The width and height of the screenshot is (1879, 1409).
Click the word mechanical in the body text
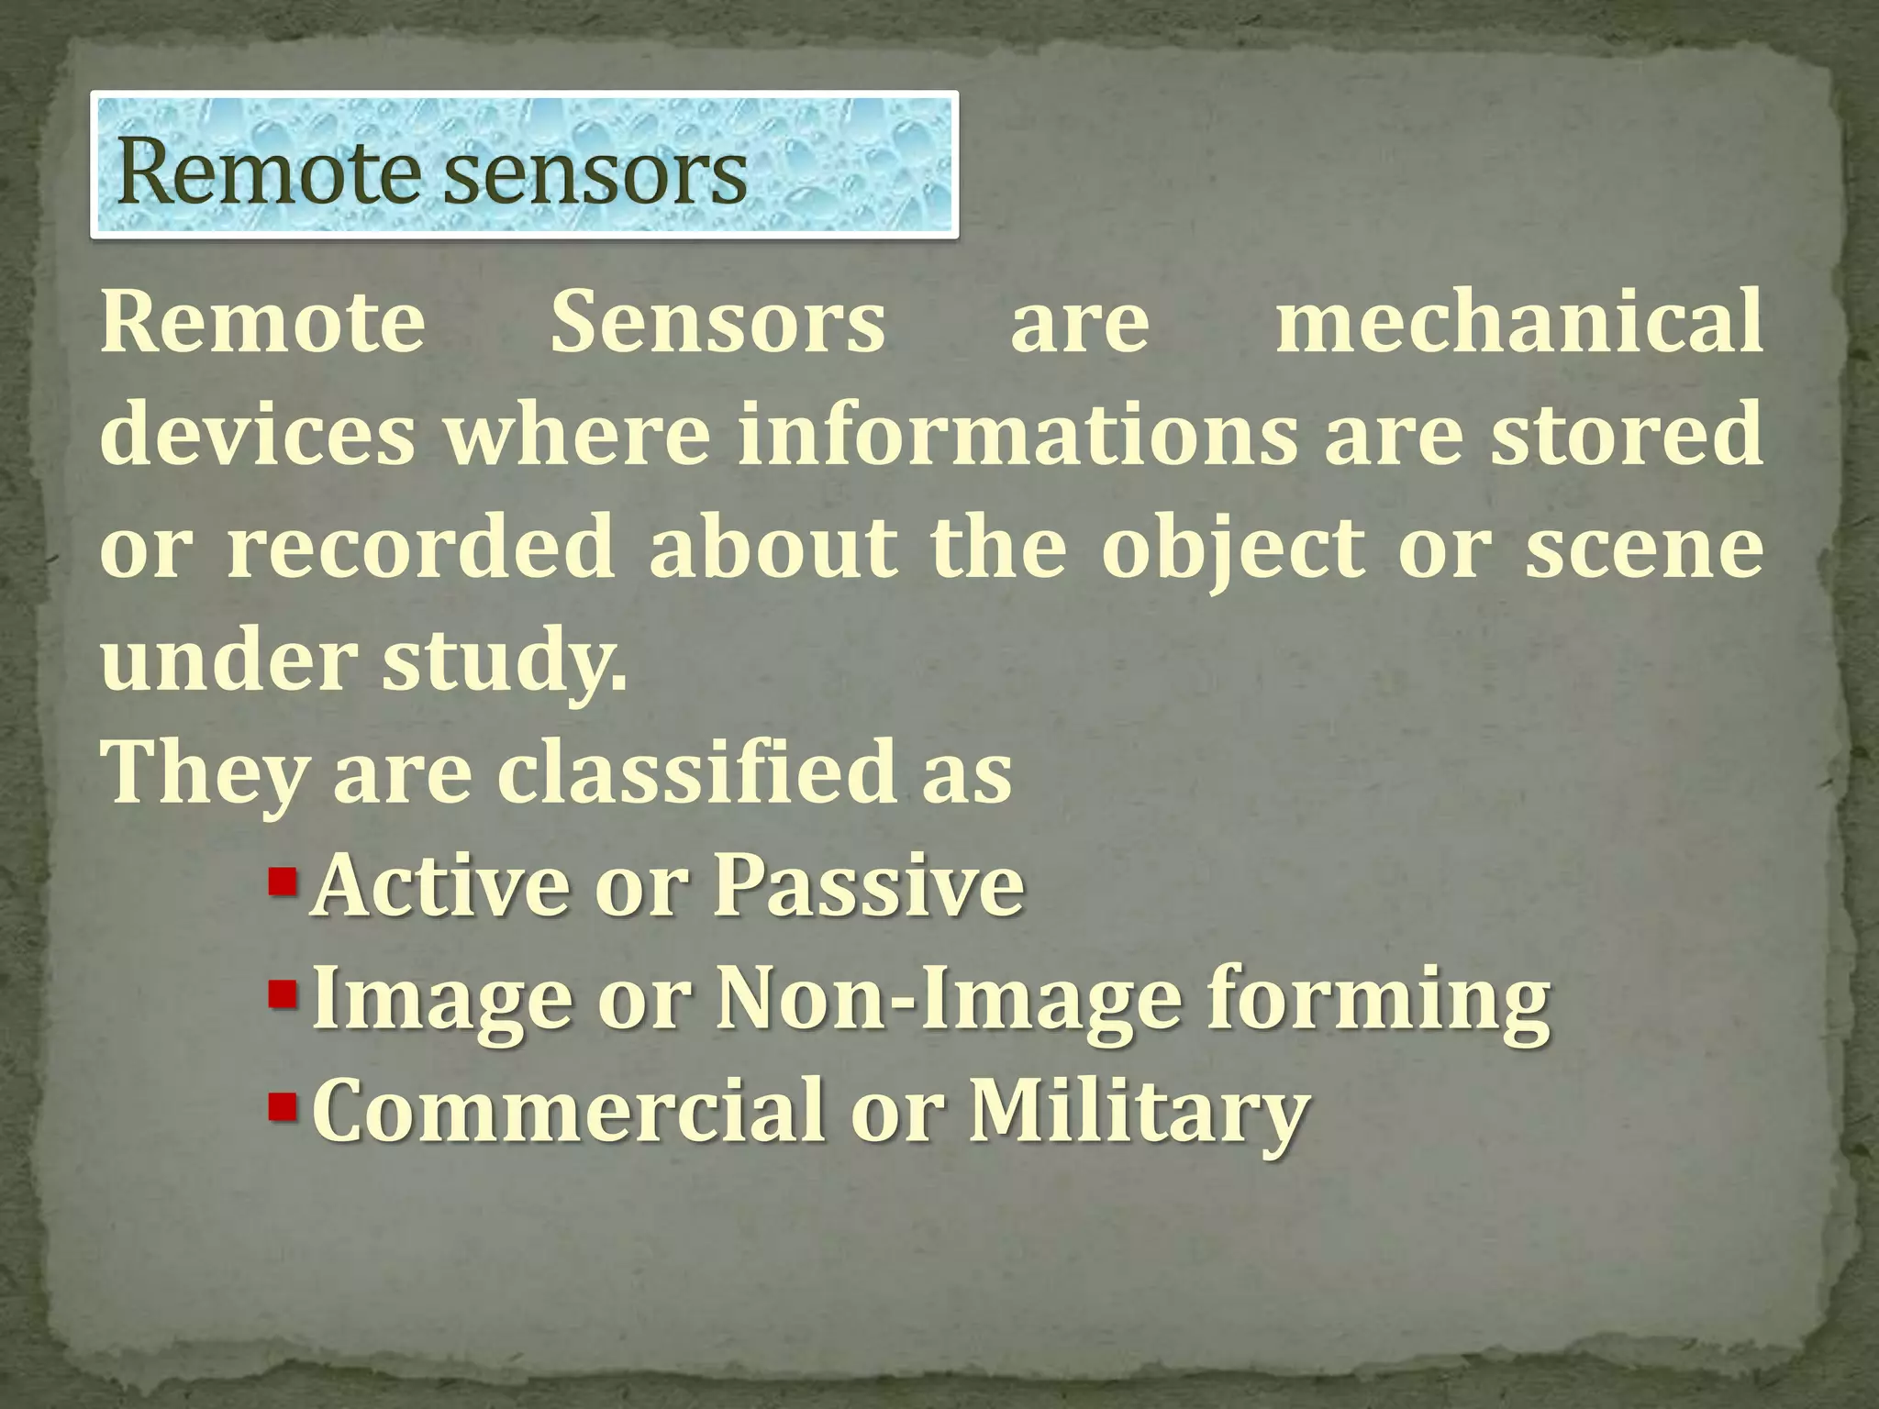(1518, 322)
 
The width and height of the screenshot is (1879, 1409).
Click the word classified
(698, 773)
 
